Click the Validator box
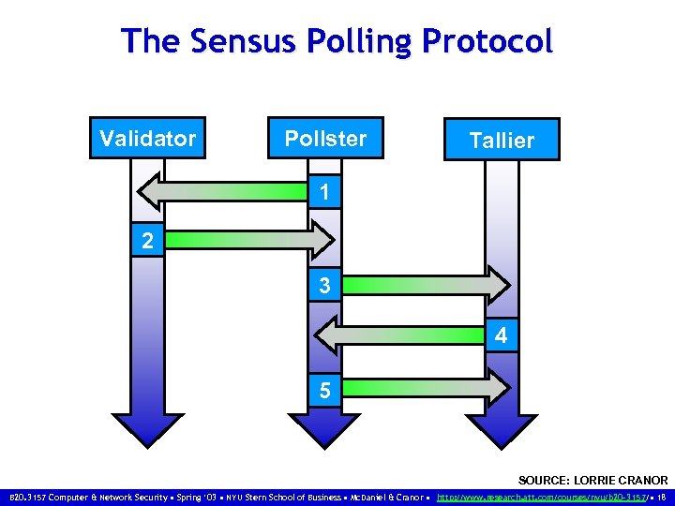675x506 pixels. coord(147,139)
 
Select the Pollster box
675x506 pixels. coord(325,139)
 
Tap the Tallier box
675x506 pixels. coord(502,140)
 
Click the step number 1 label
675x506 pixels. coord(323,193)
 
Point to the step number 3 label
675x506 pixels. coord(323,286)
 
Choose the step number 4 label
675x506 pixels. coord(501,335)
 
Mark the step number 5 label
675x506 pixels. coord(323,390)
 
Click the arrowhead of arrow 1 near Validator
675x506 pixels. coord(152,192)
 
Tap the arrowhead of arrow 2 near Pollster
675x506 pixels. coord(322,240)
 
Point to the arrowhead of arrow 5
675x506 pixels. coord(498,387)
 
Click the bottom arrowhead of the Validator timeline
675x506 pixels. coord(147,429)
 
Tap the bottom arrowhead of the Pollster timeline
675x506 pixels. coord(323,431)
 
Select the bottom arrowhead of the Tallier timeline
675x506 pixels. coord(502,431)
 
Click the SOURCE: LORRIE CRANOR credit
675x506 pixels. coord(592,480)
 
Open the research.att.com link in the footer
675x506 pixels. coord(543,496)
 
